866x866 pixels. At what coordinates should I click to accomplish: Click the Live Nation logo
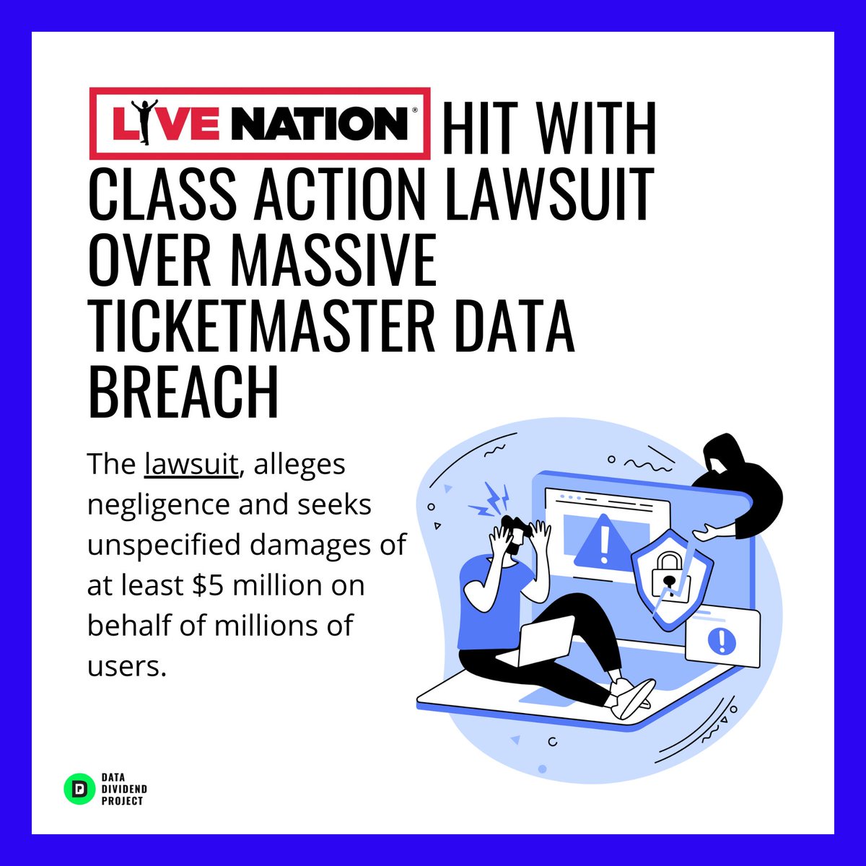coord(260,123)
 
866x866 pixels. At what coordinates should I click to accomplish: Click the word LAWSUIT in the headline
coord(549,193)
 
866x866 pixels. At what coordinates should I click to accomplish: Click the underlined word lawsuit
coord(191,465)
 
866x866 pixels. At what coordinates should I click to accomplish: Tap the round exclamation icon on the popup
coord(720,639)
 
